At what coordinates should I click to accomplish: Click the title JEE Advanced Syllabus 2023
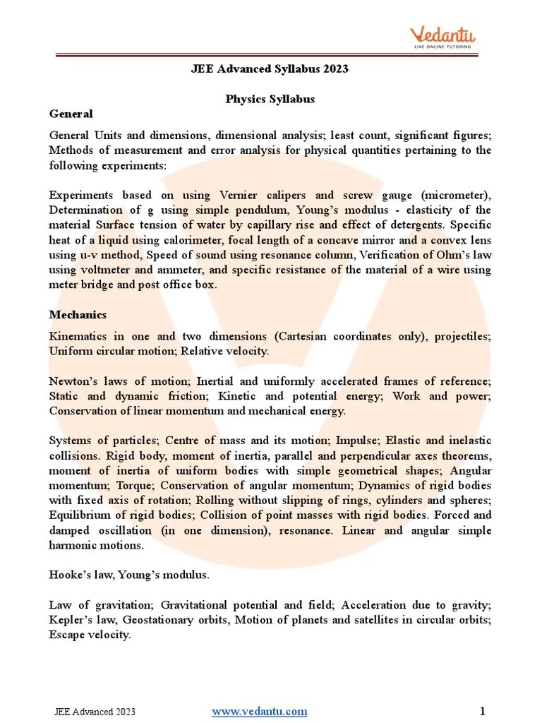[x=270, y=69]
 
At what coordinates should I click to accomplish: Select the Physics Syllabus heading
[x=270, y=99]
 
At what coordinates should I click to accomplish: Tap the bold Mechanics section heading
[x=78, y=314]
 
